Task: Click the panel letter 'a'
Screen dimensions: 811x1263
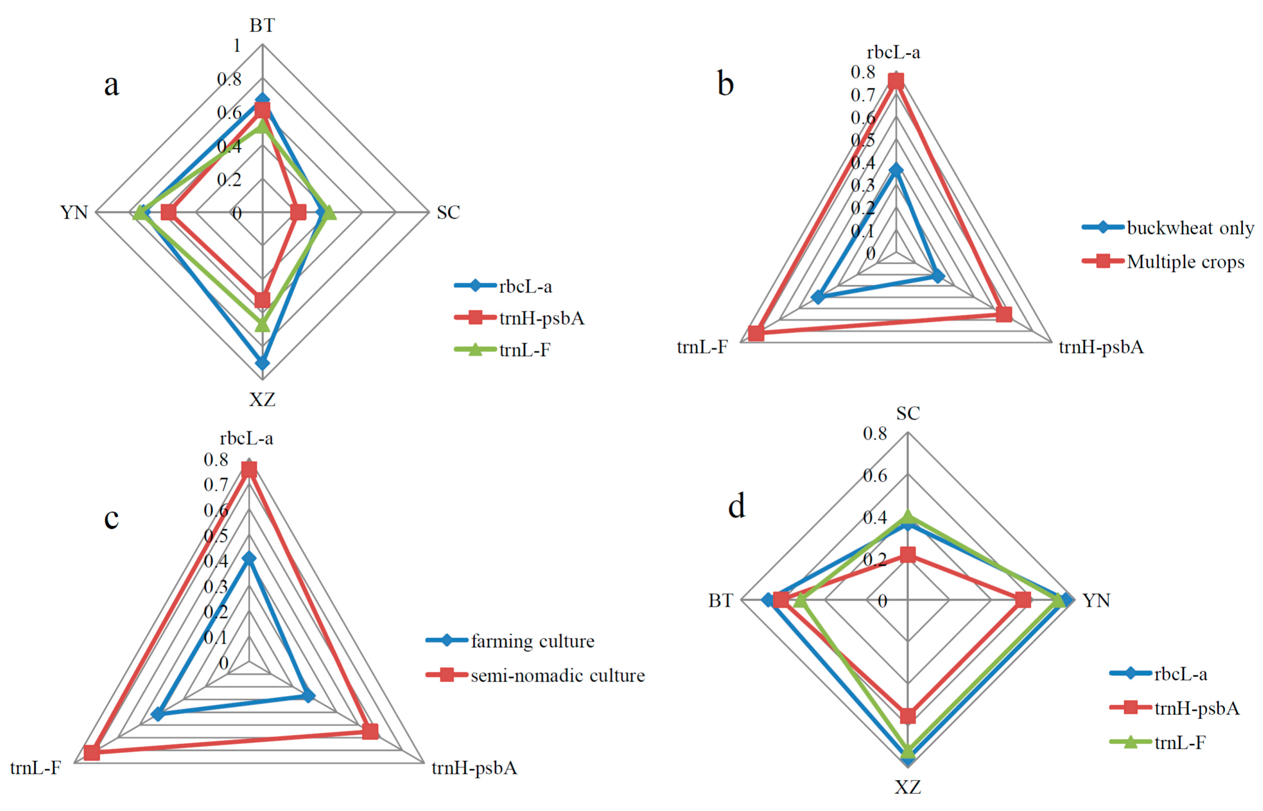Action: pyautogui.click(x=111, y=84)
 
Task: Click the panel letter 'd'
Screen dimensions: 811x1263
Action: pyautogui.click(x=736, y=506)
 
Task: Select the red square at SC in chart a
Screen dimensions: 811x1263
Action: pyautogui.click(x=298, y=212)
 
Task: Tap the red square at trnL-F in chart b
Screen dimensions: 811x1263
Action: pyautogui.click(x=756, y=333)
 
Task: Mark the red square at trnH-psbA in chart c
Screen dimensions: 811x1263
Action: pyautogui.click(x=370, y=731)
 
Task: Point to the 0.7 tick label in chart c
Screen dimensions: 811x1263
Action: pyautogui.click(x=216, y=484)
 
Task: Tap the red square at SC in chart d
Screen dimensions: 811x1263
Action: pyautogui.click(x=907, y=555)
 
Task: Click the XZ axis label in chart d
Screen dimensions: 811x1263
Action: pyautogui.click(x=907, y=787)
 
